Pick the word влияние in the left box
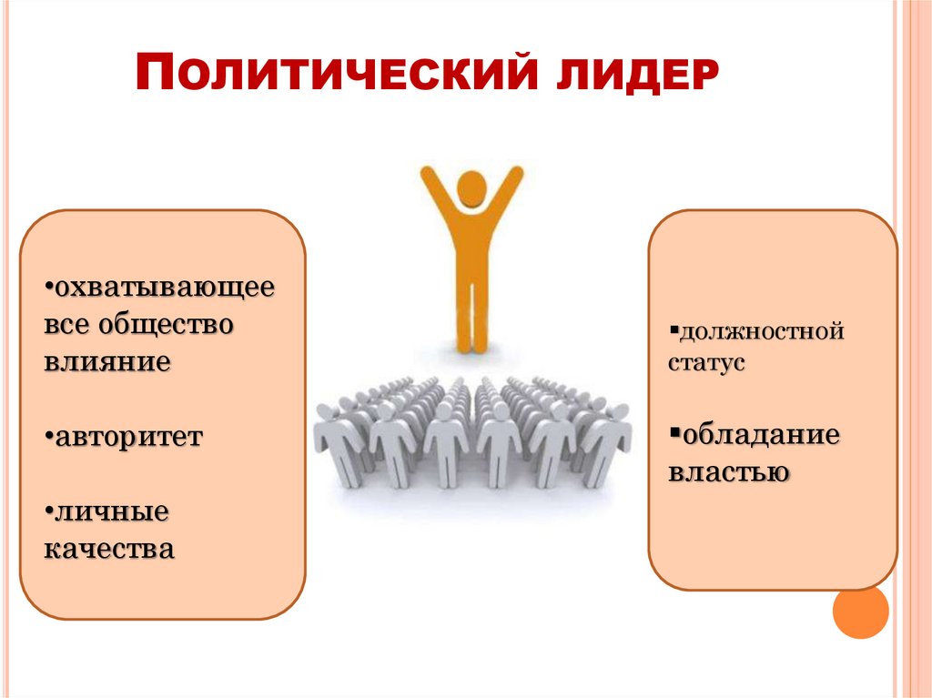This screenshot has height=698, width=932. tap(106, 360)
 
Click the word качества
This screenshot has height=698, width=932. tap(108, 549)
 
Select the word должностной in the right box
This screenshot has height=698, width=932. tap(760, 331)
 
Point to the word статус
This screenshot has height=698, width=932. tap(707, 362)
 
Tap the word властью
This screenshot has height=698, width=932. tap(727, 472)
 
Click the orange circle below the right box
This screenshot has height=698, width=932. tap(860, 612)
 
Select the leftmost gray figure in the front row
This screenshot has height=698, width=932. tap(339, 441)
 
